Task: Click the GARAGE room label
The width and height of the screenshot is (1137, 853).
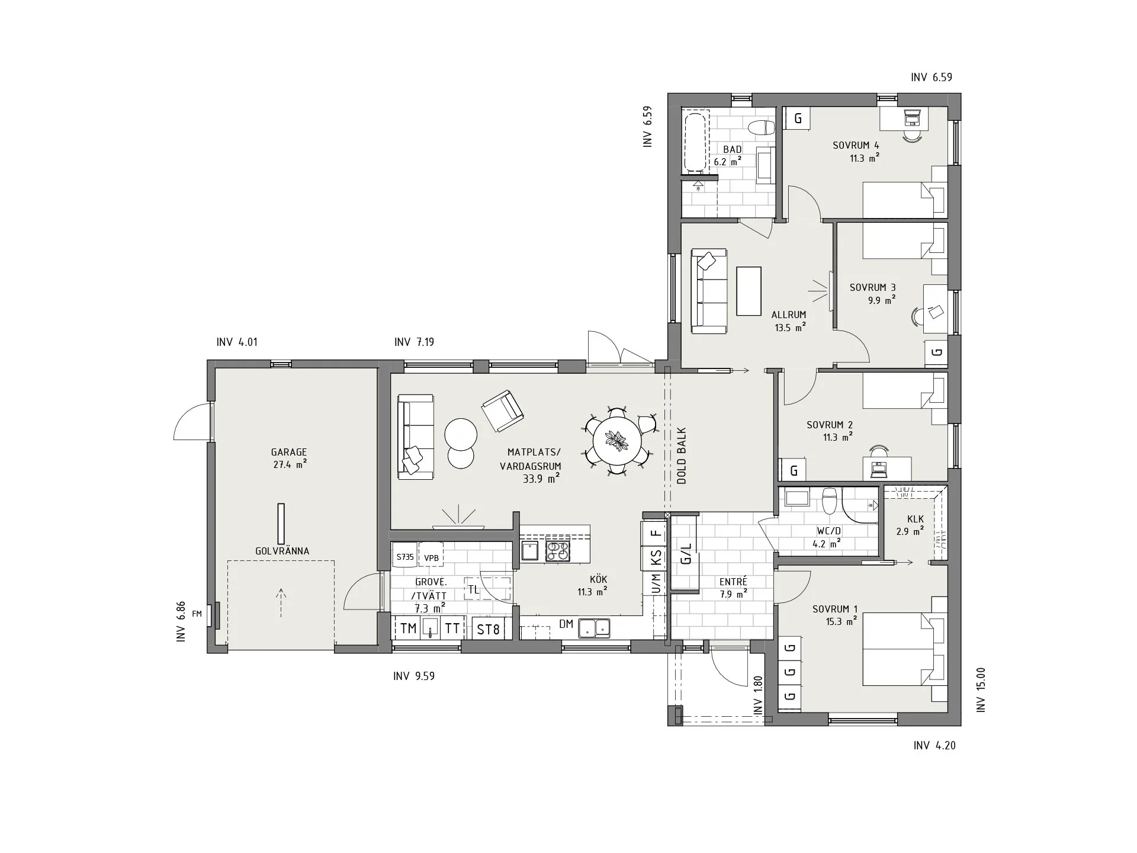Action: click(x=289, y=453)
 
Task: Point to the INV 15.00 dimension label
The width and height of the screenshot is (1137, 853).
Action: click(x=981, y=690)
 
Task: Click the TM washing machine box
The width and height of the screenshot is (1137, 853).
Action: click(x=409, y=628)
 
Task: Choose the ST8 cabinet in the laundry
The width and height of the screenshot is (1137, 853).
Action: click(x=489, y=629)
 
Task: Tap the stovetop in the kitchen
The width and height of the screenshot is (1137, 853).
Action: click(x=558, y=551)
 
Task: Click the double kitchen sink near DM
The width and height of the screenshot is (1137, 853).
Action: click(x=595, y=627)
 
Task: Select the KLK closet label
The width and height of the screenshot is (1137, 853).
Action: click(x=915, y=519)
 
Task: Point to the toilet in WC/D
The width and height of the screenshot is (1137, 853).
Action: click(x=830, y=501)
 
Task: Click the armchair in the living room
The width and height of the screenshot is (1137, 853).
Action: click(x=503, y=411)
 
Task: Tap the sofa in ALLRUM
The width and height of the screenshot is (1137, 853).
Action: click(x=709, y=291)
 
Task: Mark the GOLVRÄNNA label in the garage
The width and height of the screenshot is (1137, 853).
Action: click(x=282, y=551)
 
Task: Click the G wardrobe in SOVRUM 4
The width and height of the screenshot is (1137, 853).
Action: click(x=798, y=118)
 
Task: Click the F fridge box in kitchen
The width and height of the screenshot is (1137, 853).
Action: click(x=654, y=533)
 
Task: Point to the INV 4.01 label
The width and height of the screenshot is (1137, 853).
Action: click(x=237, y=342)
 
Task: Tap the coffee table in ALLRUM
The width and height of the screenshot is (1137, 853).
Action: click(x=749, y=291)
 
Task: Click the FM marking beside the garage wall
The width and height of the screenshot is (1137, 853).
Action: click(x=197, y=614)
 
